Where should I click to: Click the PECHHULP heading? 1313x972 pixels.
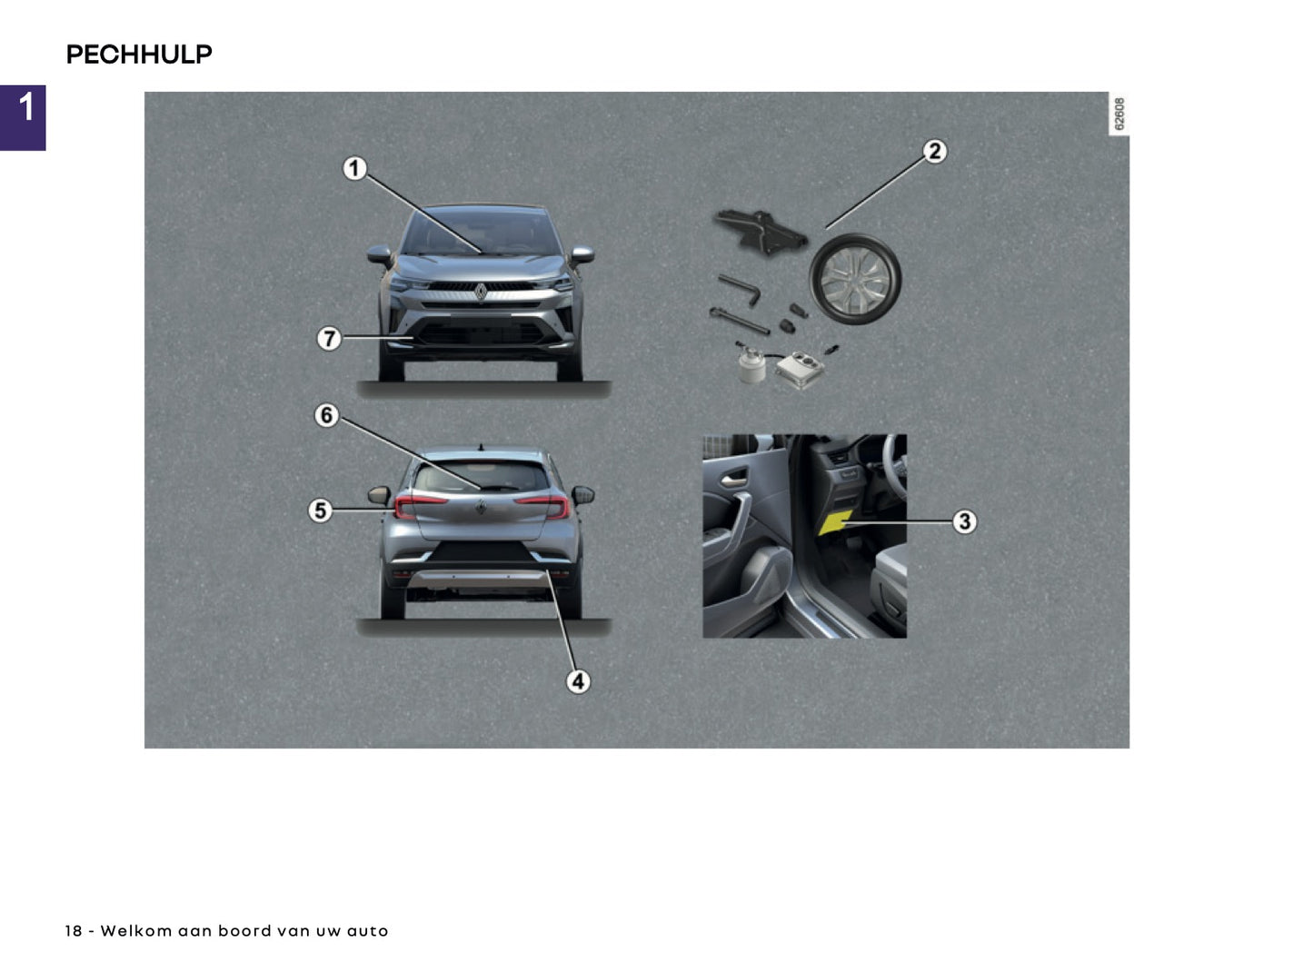click(x=139, y=55)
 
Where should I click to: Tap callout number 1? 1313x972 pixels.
click(x=354, y=168)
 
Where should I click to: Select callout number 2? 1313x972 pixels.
click(x=935, y=152)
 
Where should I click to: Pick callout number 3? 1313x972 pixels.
click(x=964, y=521)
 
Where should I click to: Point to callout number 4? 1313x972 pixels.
click(x=578, y=681)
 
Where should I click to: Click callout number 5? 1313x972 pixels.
click(x=319, y=511)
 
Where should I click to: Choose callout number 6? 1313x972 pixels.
click(x=326, y=416)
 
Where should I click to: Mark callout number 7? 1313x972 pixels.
click(x=328, y=339)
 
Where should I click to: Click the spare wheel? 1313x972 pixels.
click(x=855, y=280)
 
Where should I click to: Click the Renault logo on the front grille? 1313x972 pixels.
click(x=481, y=292)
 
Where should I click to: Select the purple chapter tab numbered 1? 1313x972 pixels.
click(x=23, y=117)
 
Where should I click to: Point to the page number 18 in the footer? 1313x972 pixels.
click(x=74, y=931)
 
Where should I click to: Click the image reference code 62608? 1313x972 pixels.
click(x=1119, y=114)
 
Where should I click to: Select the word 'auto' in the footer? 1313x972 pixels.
click(x=367, y=931)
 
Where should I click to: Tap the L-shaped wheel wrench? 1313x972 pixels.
click(x=740, y=290)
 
